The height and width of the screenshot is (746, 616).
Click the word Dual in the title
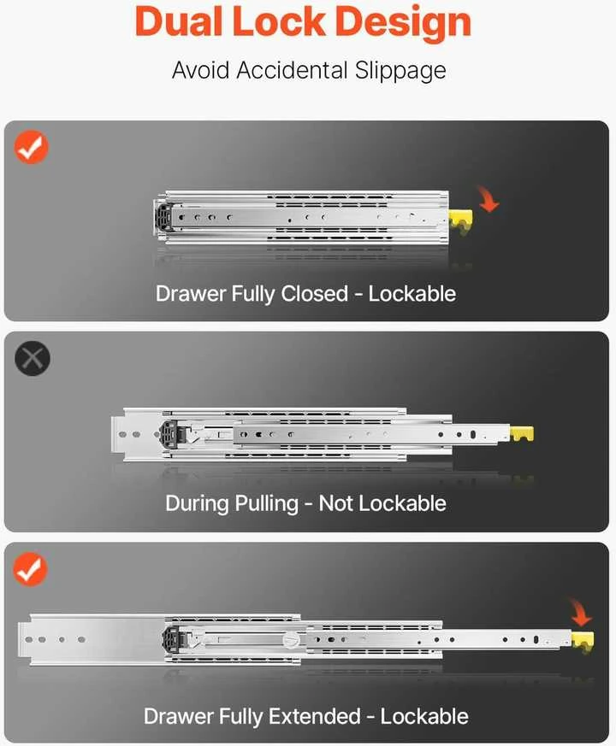179,22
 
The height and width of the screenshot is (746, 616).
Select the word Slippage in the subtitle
400,71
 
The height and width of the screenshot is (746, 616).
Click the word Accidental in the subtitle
293,70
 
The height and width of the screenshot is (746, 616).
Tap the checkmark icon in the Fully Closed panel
32,146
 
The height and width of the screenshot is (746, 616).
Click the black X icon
33,358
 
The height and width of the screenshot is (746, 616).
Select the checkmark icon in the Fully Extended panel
31,569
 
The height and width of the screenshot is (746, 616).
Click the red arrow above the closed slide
489,199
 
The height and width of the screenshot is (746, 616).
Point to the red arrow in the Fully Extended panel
581,613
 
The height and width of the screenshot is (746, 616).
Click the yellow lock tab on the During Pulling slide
522,433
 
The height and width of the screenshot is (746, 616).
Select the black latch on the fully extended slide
174,639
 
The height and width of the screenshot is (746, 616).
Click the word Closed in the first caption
315,294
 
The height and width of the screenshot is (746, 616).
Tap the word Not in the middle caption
336,503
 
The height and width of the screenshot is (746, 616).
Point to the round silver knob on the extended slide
291,639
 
